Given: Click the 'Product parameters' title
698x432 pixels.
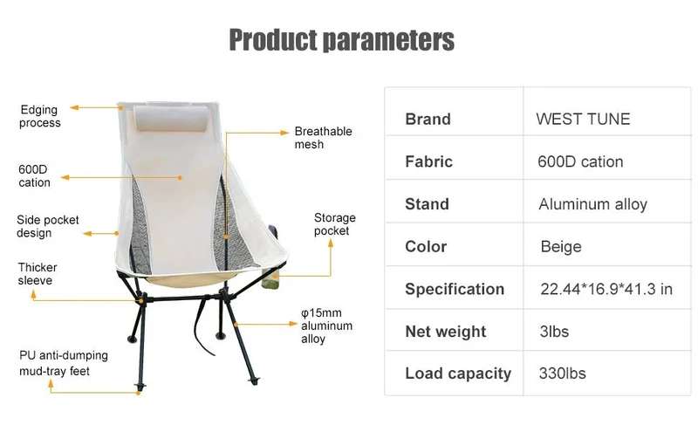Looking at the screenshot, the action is click(x=341, y=39).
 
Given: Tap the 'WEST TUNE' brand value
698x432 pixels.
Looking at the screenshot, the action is click(x=583, y=119).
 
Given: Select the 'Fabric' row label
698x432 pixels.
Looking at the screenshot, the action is click(x=428, y=161).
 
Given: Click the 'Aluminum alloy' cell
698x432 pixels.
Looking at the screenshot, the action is click(x=592, y=204).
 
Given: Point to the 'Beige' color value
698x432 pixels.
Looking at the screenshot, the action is click(x=561, y=246).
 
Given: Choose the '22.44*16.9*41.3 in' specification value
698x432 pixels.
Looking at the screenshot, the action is click(x=606, y=289).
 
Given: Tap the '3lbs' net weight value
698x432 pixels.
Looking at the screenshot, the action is click(x=554, y=332).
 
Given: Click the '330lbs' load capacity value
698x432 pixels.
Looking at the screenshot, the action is click(x=562, y=374).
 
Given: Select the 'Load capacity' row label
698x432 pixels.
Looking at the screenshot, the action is click(x=458, y=374).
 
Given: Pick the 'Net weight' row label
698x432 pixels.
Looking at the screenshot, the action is click(x=446, y=332).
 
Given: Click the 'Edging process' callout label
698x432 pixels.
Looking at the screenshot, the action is click(x=39, y=116).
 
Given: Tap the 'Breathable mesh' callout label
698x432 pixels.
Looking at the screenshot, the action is click(x=323, y=138).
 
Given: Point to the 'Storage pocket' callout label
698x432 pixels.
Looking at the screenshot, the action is click(x=335, y=224).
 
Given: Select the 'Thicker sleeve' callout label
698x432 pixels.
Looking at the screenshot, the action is click(x=38, y=274).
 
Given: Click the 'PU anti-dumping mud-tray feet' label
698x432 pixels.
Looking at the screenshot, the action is click(x=63, y=363).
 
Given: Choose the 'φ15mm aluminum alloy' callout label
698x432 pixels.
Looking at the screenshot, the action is click(x=326, y=326).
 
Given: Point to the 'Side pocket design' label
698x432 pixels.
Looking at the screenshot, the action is click(x=48, y=226).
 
